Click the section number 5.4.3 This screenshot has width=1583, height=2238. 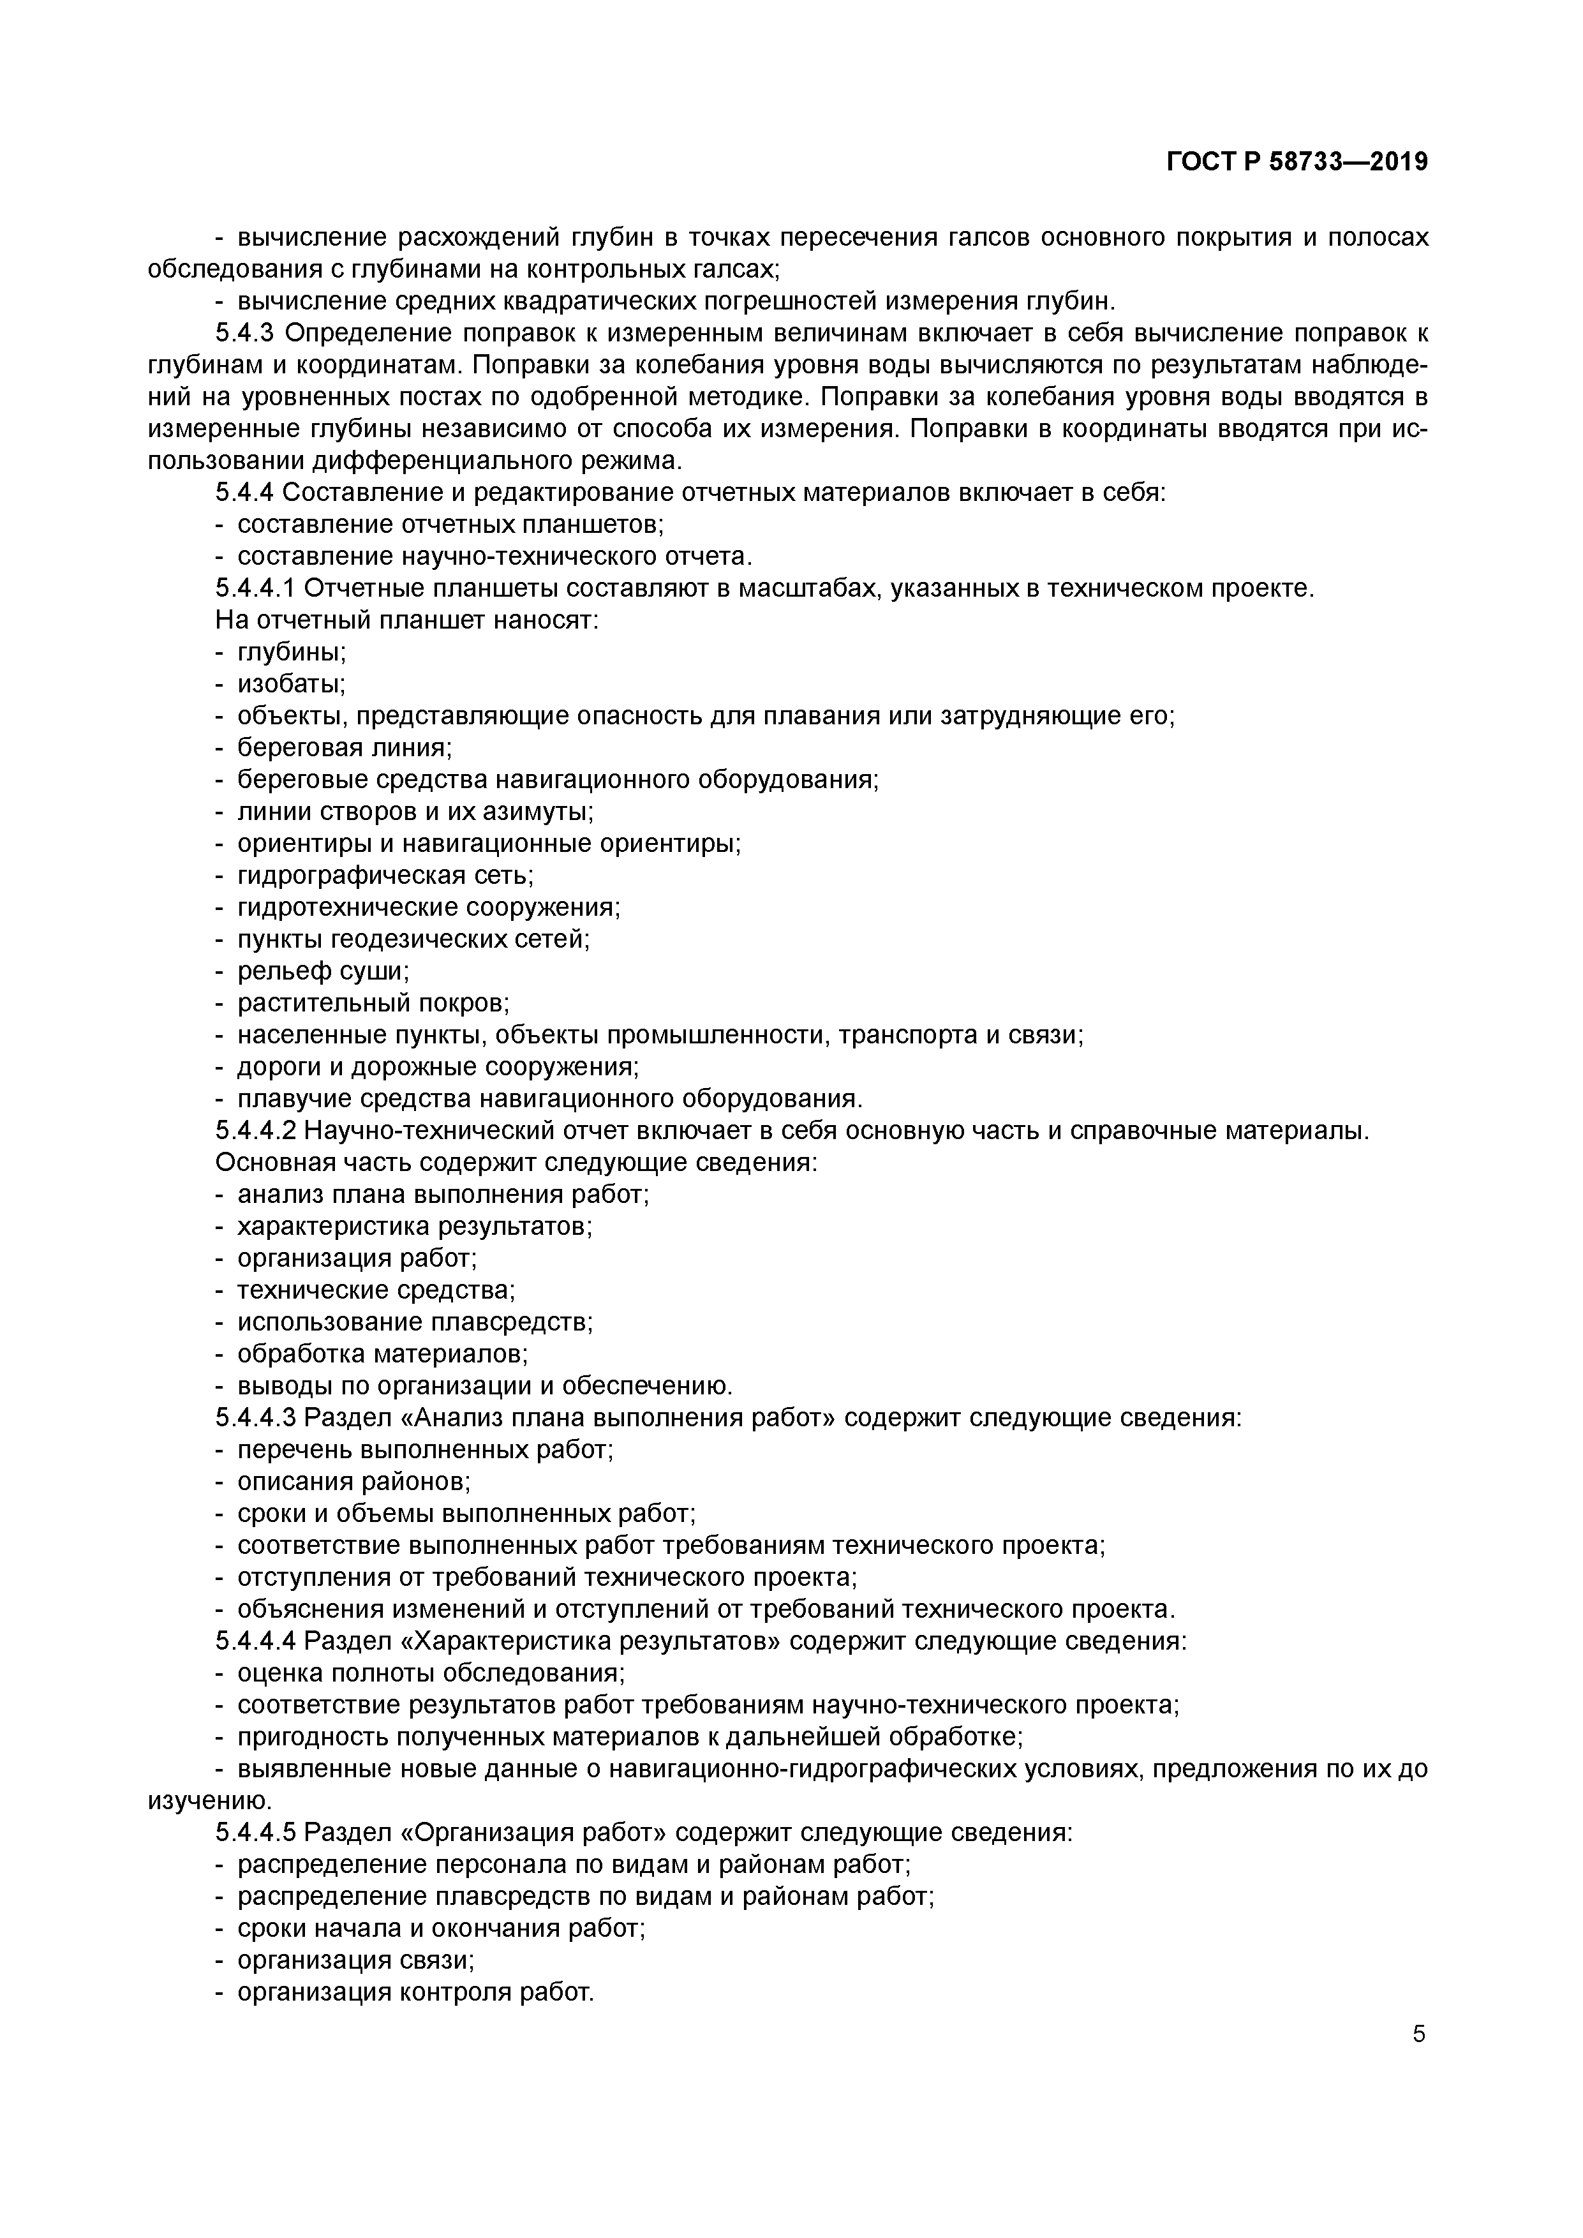(x=247, y=333)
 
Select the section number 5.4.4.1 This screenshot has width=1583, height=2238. (x=255, y=589)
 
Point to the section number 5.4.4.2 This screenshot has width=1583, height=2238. (x=255, y=1131)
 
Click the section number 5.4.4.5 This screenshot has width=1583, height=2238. (x=255, y=1833)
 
